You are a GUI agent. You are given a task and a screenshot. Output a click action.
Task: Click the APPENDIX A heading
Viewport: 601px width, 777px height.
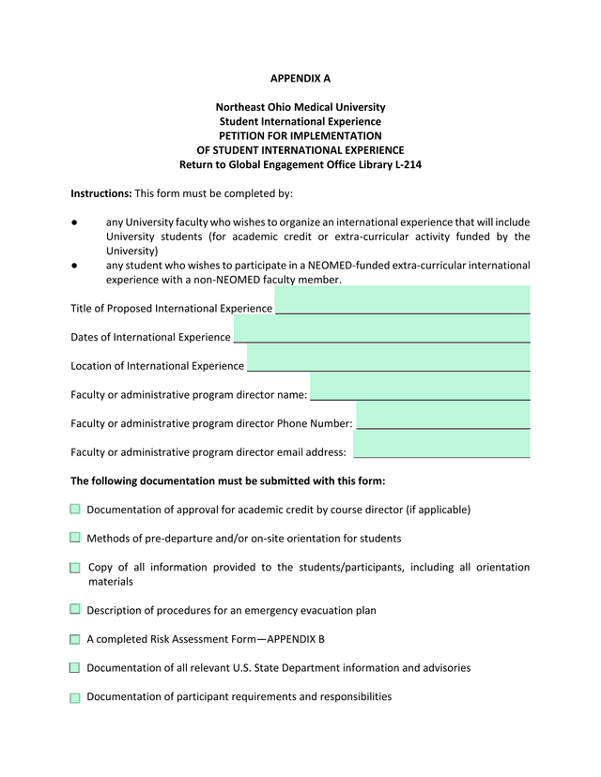pos(300,79)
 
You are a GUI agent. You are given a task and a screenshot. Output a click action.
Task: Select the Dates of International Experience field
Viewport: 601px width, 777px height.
pos(381,329)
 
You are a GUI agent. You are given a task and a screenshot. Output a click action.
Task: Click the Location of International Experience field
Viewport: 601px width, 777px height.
pos(388,358)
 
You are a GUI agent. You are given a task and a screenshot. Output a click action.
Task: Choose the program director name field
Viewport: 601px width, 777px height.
pos(420,387)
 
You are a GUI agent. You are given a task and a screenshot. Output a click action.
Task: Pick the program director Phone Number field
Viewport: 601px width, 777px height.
pos(442,416)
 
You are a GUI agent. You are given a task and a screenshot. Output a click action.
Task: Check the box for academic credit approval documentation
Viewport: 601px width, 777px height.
pos(75,510)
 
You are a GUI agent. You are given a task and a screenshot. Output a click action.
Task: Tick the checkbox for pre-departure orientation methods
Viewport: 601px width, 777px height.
pos(75,538)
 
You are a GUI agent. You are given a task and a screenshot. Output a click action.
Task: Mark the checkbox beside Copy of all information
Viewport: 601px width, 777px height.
pos(75,568)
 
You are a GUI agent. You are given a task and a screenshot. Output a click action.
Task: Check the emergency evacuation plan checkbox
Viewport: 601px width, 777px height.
pos(75,610)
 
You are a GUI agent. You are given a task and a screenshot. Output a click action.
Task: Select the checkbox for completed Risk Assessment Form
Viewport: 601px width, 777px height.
pos(75,639)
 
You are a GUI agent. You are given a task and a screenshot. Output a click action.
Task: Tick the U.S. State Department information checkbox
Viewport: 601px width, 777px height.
pos(75,668)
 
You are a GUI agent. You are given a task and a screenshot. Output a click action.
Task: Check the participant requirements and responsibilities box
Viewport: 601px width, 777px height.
pos(75,697)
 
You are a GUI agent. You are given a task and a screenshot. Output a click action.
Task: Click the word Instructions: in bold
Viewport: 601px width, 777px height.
pos(101,193)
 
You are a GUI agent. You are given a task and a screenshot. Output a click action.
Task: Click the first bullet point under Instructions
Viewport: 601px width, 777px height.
pos(74,223)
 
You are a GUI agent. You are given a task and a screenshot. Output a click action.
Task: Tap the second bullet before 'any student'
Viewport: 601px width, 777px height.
pos(74,266)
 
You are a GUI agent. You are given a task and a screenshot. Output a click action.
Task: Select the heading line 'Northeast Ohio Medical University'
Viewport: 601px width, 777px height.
pos(300,108)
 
